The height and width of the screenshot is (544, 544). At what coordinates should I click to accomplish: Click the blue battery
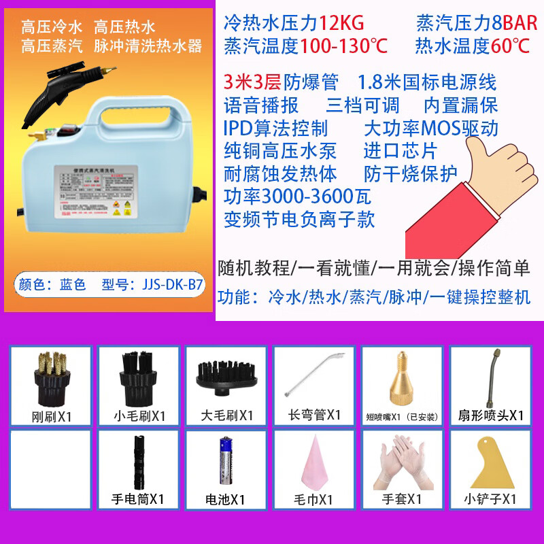226,464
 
